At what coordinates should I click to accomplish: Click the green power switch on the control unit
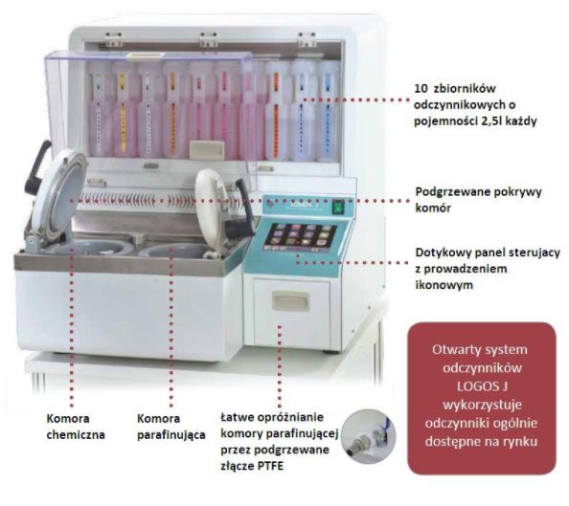[338, 208]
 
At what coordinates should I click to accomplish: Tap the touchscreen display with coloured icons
[301, 236]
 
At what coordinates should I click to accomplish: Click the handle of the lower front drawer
[291, 301]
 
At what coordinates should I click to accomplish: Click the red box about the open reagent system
[482, 398]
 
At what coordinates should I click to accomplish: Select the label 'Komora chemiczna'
[76, 427]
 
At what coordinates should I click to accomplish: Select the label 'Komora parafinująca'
[171, 427]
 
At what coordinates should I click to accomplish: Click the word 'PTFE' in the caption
[270, 466]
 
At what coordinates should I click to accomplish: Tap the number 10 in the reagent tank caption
[421, 88]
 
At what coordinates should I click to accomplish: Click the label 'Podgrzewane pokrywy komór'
[478, 200]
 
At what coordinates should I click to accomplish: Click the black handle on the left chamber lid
[37, 166]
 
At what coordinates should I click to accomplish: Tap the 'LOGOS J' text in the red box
[482, 386]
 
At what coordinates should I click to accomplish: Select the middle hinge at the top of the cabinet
[209, 39]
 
